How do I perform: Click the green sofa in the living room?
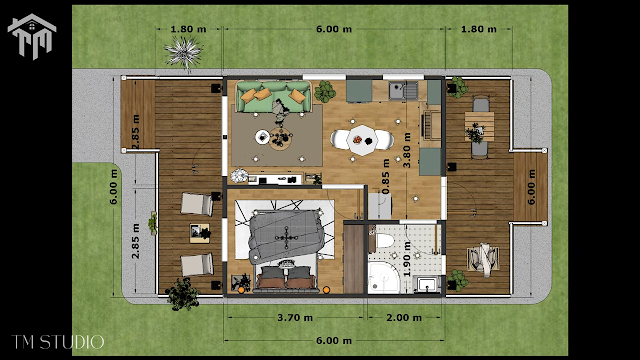click(273, 96)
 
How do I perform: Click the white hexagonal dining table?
click(362, 140)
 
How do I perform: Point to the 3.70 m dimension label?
click(295, 318)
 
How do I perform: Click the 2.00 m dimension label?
click(404, 318)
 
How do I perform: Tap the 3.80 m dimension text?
click(407, 150)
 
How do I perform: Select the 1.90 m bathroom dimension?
click(407, 259)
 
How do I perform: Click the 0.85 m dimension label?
click(385, 176)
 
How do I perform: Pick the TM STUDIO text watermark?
click(58, 342)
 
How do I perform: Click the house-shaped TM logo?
click(32, 37)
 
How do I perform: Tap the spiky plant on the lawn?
click(183, 52)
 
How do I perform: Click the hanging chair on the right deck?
click(483, 259)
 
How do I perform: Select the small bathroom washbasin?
click(427, 284)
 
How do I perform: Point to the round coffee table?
click(280, 139)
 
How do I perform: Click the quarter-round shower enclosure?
click(382, 278)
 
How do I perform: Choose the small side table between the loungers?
click(200, 233)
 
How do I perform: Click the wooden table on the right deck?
click(479, 127)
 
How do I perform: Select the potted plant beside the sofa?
click(325, 91)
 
